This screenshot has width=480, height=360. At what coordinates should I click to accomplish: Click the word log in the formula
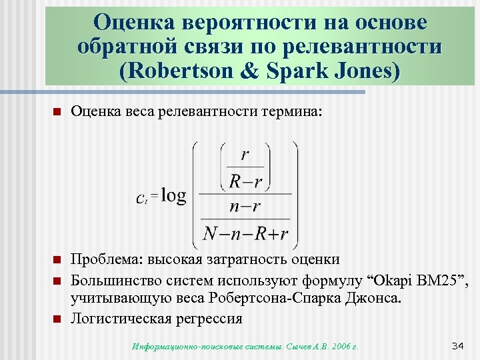pos(174,195)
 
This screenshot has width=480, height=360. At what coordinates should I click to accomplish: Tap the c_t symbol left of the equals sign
pos(141,197)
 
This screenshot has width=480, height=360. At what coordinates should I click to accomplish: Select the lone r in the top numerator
pos(245,155)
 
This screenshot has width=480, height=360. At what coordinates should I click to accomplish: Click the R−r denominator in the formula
pos(245,179)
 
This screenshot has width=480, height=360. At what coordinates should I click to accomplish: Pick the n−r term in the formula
pos(245,206)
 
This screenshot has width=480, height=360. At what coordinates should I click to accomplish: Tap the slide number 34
pos(457,345)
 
